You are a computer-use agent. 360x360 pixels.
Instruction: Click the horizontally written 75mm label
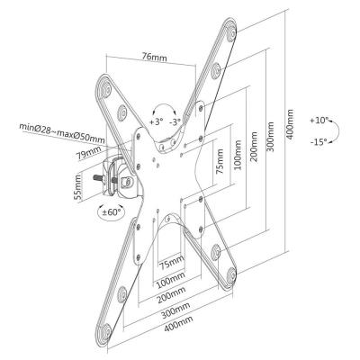[170, 263]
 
